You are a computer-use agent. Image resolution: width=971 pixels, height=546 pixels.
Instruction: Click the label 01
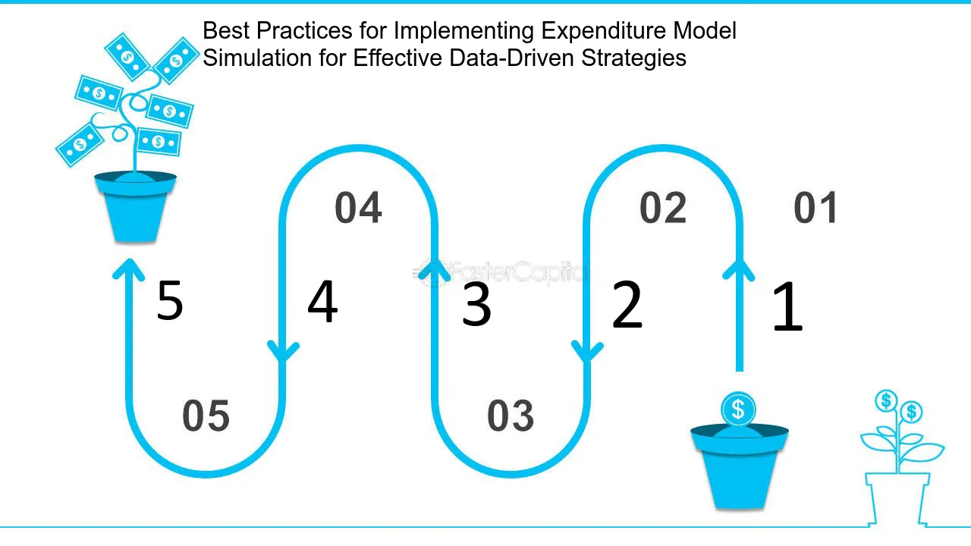(x=815, y=208)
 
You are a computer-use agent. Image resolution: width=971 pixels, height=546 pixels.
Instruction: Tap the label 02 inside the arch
(x=663, y=208)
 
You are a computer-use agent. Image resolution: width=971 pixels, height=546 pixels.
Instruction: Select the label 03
(x=511, y=416)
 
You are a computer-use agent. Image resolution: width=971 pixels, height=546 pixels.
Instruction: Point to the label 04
(x=358, y=208)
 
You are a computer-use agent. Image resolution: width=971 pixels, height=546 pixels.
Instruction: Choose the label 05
(x=206, y=416)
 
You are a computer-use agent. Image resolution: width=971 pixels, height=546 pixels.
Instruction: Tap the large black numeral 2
(x=627, y=304)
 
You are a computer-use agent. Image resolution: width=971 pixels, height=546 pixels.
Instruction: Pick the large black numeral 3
(x=476, y=304)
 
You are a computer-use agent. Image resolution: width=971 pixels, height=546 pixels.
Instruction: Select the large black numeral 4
(x=322, y=301)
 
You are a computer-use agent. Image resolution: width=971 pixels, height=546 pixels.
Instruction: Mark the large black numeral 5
(x=170, y=300)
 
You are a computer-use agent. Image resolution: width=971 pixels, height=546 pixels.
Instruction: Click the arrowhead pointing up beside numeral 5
(x=129, y=268)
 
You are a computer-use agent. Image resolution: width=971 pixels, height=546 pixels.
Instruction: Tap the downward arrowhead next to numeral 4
(x=283, y=351)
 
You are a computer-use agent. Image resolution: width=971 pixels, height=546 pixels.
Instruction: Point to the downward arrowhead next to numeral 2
(x=587, y=351)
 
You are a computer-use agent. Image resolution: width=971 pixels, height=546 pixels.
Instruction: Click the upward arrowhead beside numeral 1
(x=739, y=269)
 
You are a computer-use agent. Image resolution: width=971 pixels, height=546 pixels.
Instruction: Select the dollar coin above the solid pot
(x=738, y=409)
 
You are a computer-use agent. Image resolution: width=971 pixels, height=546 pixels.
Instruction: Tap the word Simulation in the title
(x=257, y=58)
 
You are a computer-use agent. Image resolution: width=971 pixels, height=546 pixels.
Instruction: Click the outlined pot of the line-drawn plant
(x=897, y=499)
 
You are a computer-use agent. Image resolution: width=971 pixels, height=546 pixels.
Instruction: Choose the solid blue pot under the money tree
(x=135, y=206)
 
